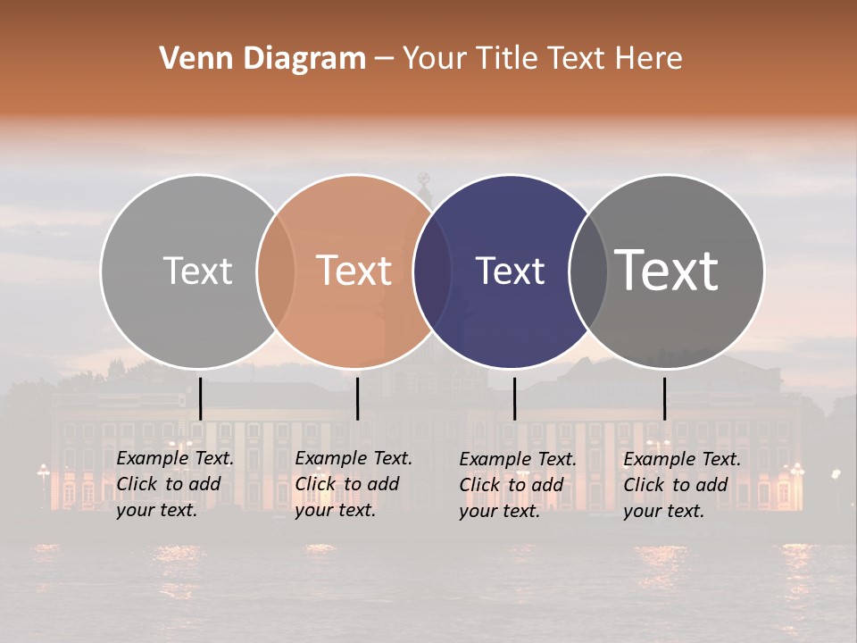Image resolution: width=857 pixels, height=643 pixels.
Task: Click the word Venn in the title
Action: click(191, 59)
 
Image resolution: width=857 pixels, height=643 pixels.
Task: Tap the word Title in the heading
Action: click(508, 59)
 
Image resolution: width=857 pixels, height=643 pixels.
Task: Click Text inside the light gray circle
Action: click(197, 271)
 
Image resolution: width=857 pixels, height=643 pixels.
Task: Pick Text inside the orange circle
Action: click(354, 271)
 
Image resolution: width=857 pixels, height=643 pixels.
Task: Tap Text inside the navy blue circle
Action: click(510, 271)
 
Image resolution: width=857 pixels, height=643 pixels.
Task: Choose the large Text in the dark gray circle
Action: click(667, 271)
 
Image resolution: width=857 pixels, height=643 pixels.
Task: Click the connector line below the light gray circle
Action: click(200, 398)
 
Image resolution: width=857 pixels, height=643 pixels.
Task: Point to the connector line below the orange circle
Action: click(357, 398)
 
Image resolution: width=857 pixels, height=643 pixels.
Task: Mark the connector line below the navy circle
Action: click(514, 398)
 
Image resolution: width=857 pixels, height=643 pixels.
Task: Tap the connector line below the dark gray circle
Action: click(664, 398)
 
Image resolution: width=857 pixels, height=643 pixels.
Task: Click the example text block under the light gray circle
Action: click(174, 485)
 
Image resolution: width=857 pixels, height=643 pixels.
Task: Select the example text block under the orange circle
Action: click(353, 485)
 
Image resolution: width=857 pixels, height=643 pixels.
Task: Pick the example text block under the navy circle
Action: click(517, 485)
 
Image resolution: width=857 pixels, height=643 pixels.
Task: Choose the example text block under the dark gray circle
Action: click(681, 485)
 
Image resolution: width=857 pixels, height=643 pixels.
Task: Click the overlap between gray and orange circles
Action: click(276, 271)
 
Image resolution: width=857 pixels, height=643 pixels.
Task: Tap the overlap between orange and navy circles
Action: click(432, 271)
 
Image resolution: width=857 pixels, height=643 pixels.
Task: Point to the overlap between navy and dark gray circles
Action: click(588, 271)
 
